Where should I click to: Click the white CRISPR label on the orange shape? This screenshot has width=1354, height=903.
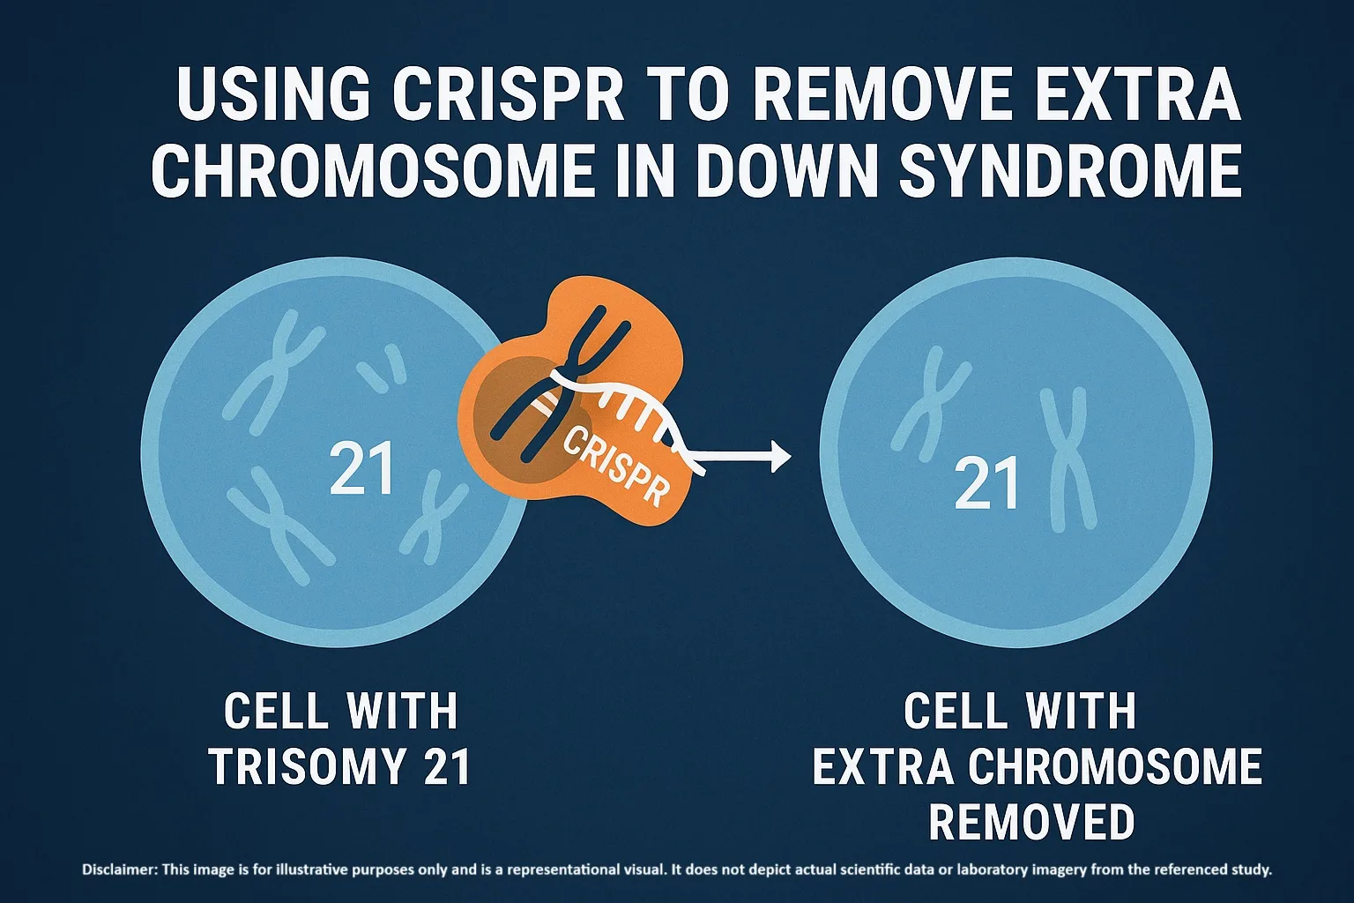(x=614, y=465)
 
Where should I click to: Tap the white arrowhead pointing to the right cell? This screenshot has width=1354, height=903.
(x=779, y=457)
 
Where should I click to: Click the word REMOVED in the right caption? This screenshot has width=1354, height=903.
(x=1031, y=822)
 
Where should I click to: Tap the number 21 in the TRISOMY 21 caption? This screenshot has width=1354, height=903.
(x=447, y=766)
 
